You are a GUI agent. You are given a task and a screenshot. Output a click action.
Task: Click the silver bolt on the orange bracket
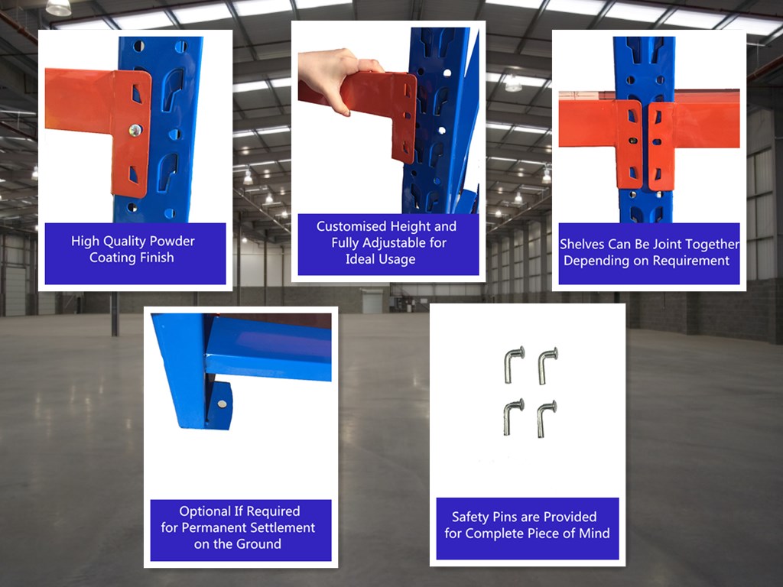point(135,131)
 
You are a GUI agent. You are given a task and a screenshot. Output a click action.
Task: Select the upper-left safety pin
point(515,365)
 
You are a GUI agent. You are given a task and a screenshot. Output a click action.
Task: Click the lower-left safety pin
point(514,417)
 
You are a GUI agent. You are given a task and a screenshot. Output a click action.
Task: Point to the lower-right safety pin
point(547,419)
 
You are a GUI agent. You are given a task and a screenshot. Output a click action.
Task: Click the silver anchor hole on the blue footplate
point(223,404)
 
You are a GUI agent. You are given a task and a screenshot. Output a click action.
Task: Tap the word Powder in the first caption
point(172,241)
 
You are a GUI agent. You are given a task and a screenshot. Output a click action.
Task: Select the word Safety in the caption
point(470,517)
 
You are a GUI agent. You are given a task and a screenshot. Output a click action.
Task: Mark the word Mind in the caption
point(594,533)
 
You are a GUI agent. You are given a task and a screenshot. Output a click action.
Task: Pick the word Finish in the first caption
point(157,258)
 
